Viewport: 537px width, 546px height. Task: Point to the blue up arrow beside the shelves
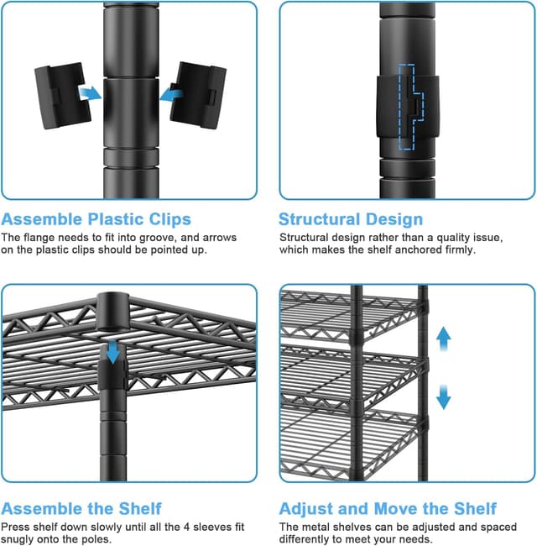pos(444,339)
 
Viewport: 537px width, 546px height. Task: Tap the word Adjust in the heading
pos(308,509)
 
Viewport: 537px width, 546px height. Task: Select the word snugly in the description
pos(19,538)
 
